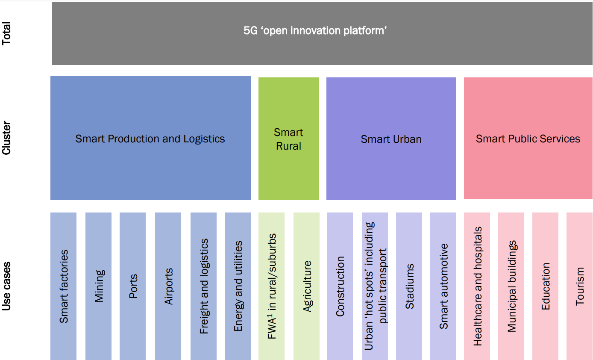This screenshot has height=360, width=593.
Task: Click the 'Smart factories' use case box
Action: [x=64, y=286]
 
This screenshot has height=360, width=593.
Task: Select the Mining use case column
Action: [x=99, y=286]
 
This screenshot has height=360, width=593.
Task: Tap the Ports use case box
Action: [x=133, y=286]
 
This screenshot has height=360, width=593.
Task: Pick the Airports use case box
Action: [x=168, y=286]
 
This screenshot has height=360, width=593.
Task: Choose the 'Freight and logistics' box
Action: [x=204, y=286]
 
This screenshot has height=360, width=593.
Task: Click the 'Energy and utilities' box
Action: [x=238, y=286]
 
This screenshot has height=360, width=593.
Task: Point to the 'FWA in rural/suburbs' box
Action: [x=272, y=286]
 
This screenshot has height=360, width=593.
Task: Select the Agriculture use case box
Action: [x=307, y=286]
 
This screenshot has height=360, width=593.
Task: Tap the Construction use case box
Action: [x=340, y=286]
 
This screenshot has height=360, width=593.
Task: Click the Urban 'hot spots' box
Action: [x=375, y=286]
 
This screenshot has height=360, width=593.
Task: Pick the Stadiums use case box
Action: [x=409, y=286]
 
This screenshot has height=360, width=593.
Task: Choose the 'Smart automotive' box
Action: [x=443, y=286]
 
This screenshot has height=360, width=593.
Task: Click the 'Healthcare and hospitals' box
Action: [x=477, y=286]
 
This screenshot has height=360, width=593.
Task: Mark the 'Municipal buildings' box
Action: [x=511, y=286]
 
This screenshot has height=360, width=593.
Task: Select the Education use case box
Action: [x=546, y=286]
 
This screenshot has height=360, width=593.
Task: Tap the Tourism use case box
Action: [x=579, y=286]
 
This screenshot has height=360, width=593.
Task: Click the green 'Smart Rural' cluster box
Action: [x=289, y=139]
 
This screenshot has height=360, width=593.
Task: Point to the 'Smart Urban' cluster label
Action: [x=391, y=139]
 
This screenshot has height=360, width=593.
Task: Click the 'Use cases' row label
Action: [x=7, y=286]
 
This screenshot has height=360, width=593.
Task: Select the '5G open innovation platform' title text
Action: [x=315, y=31]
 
